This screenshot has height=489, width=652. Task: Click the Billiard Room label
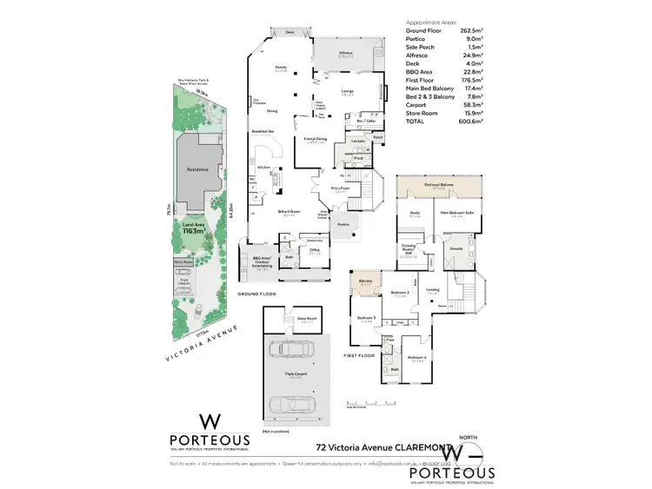click(283, 211)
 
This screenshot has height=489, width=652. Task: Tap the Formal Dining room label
click(314, 139)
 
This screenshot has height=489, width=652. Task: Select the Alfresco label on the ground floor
click(345, 54)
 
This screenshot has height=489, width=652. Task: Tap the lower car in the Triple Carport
click(288, 404)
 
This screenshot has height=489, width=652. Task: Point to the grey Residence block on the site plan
click(200, 170)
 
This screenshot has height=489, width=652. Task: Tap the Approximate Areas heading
click(432, 22)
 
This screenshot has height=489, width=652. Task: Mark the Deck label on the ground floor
click(289, 32)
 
